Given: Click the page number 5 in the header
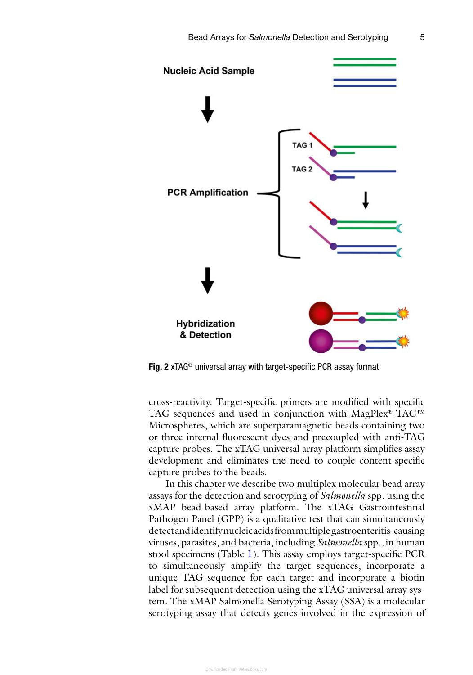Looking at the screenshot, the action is [422, 37].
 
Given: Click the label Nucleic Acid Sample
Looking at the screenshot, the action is [209, 71].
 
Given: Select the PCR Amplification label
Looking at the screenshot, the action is [207, 193].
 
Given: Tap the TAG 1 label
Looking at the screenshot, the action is [302, 145].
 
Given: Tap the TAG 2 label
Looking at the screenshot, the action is [302, 169].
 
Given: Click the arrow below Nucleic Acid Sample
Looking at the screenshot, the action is [207, 109].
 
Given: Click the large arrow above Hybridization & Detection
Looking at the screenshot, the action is [207, 280].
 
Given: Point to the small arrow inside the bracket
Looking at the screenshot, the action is [366, 200].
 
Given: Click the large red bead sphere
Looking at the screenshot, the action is [321, 313].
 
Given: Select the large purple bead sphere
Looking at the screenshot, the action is [321, 341].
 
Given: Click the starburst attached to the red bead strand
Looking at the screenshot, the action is [403, 313].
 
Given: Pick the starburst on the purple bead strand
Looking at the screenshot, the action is [403, 341].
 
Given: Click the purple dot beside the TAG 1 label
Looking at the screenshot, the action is [334, 153].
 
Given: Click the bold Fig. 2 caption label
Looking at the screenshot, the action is [158, 367].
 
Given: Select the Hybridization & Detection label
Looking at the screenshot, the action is [205, 329].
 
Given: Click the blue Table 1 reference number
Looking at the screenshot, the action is [249, 554].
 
